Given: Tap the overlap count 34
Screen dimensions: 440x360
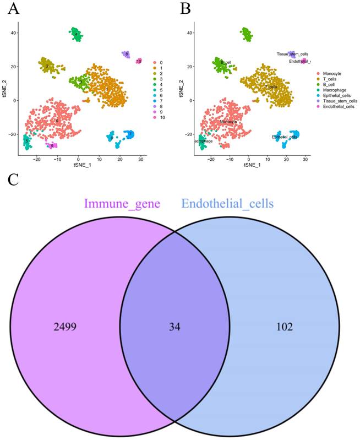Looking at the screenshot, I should click(173, 327).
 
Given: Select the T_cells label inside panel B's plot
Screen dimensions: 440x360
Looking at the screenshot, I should click(271, 87).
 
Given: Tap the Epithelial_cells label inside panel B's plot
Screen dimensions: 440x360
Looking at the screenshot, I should click(285, 137).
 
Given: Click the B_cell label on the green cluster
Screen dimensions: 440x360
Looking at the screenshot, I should click(225, 62).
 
